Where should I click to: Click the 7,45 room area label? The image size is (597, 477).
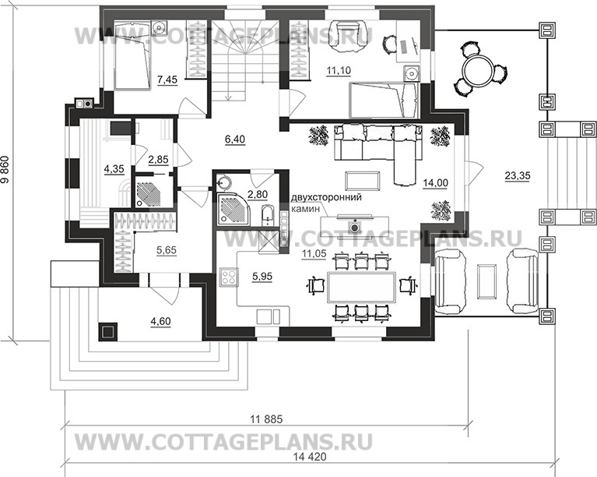[168, 79]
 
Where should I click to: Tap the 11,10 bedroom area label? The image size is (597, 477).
[338, 71]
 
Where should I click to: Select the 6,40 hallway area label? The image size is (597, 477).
[234, 140]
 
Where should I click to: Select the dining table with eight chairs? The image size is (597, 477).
[360, 286]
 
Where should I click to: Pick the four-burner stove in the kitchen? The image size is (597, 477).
[229, 277]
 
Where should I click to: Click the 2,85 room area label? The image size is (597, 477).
[158, 160]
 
